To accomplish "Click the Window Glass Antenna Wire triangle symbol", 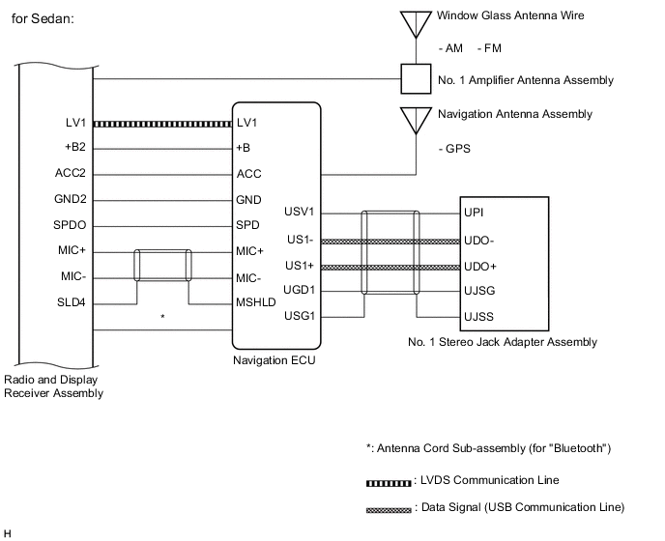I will point(416,22).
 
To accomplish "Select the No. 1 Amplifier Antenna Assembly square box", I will point(416,78).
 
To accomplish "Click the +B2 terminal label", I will point(73,149).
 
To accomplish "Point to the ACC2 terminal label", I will point(72,174).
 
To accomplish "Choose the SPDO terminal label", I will point(71,224).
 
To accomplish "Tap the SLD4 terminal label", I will point(72,302).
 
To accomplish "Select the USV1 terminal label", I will point(301,212).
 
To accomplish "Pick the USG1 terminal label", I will point(301,316).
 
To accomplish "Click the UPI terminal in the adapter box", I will point(473,212).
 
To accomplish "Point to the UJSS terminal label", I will point(477,316).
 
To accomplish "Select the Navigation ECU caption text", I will point(274,360).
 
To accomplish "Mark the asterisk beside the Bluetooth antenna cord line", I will point(162,316).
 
